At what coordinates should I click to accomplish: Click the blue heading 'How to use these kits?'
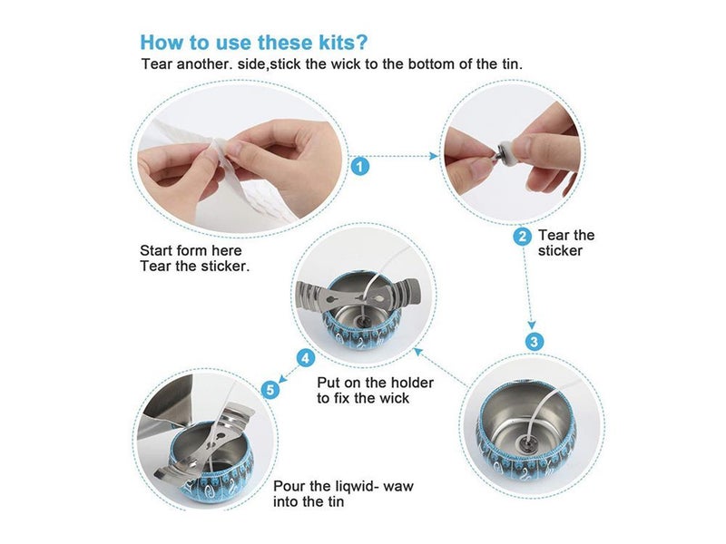254,43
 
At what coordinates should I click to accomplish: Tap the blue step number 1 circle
360,167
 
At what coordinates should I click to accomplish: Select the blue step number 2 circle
523,237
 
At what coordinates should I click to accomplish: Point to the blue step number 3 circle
535,342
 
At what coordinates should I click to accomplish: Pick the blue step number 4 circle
306,358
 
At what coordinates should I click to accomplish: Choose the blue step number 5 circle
270,390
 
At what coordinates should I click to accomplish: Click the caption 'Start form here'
191,251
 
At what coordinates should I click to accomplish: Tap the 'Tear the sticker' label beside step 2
566,243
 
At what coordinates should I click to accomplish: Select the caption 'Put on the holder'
376,383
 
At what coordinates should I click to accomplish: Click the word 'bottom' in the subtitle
430,63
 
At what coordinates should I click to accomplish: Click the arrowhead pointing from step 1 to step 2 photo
435,156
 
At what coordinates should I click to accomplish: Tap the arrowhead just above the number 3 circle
532,325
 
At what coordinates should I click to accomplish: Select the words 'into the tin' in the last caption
309,502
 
